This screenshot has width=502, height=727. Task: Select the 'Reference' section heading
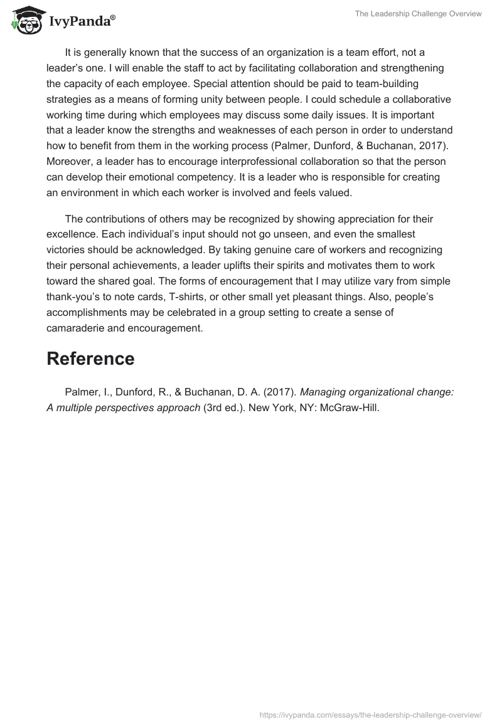90,358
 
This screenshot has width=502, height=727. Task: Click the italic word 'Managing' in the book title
322,392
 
